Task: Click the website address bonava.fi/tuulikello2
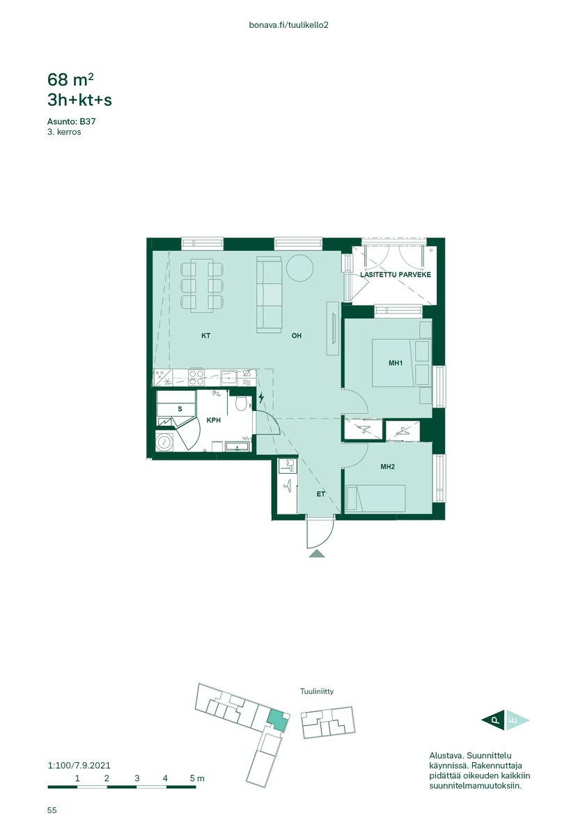tap(288, 25)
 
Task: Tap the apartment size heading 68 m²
tap(70, 79)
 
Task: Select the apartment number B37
tap(87, 121)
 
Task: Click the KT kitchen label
tap(205, 336)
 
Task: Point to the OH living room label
tap(296, 336)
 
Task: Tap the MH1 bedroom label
tap(396, 363)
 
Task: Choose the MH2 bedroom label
tap(387, 467)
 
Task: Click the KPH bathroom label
tap(213, 420)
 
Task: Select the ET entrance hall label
tap(320, 494)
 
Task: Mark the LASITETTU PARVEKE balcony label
tap(395, 274)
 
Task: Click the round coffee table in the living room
tap(299, 268)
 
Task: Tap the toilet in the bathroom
tap(242, 403)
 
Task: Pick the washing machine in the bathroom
tap(164, 442)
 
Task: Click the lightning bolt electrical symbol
tap(261, 398)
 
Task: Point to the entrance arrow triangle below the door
tap(316, 553)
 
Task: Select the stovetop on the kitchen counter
tap(196, 378)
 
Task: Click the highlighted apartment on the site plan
tap(277, 720)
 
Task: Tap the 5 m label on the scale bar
tap(197, 778)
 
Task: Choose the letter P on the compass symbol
tap(496, 720)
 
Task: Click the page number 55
tap(52, 810)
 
